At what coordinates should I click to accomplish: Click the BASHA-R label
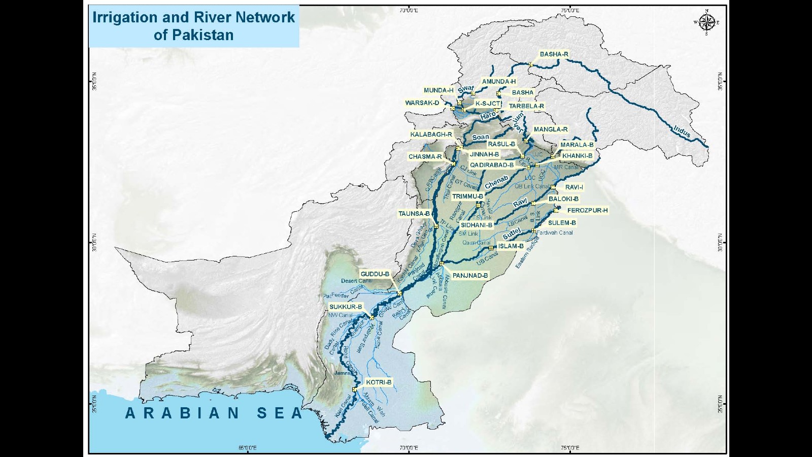pyautogui.click(x=554, y=54)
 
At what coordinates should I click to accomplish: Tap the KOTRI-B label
pyautogui.click(x=378, y=382)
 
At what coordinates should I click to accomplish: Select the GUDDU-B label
pyautogui.click(x=375, y=274)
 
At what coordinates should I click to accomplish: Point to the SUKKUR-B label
pyautogui.click(x=346, y=307)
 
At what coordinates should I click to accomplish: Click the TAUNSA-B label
pyautogui.click(x=414, y=214)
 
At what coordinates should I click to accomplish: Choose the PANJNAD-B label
pyautogui.click(x=470, y=276)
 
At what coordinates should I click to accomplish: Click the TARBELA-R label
pyautogui.click(x=526, y=107)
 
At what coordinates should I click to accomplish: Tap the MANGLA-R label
pyautogui.click(x=551, y=129)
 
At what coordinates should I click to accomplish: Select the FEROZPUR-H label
pyautogui.click(x=587, y=210)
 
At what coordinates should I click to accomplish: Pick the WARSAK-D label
pyautogui.click(x=422, y=103)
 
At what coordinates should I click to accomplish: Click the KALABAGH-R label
pyautogui.click(x=431, y=135)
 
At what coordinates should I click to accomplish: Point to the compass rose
pyautogui.click(x=706, y=22)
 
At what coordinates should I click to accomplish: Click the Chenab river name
pyautogui.click(x=496, y=182)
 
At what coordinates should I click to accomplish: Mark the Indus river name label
pyautogui.click(x=682, y=132)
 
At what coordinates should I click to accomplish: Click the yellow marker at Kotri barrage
pyautogui.click(x=354, y=390)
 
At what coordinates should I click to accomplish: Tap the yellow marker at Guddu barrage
pyautogui.click(x=399, y=293)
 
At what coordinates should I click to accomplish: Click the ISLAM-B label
pyautogui.click(x=511, y=246)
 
